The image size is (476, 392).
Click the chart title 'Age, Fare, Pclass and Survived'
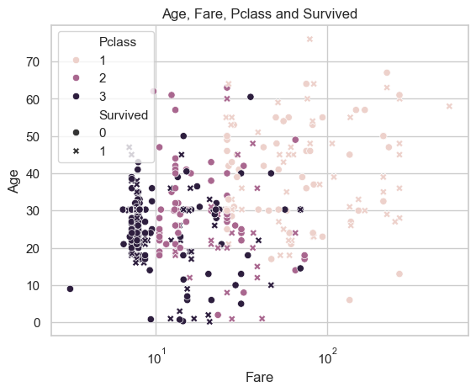(260, 14)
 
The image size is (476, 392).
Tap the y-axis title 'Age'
(13, 181)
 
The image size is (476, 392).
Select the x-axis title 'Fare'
(259, 377)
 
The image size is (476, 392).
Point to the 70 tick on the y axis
(33, 62)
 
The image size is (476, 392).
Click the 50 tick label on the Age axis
(33, 136)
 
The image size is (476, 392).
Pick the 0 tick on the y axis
(37, 323)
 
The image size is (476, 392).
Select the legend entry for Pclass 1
(90, 61)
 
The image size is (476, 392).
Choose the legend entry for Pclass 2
(90, 78)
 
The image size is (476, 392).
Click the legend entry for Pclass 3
(90, 96)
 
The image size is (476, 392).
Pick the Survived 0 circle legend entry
(90, 132)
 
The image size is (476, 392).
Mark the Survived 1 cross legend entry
(90, 151)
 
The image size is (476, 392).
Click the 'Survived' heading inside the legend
(124, 115)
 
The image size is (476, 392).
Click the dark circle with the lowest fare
(70, 289)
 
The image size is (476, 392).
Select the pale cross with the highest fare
(449, 106)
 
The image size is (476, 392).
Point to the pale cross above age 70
(309, 39)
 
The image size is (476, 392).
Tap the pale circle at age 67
(387, 73)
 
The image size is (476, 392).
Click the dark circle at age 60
(251, 98)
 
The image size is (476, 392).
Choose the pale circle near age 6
(349, 300)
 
